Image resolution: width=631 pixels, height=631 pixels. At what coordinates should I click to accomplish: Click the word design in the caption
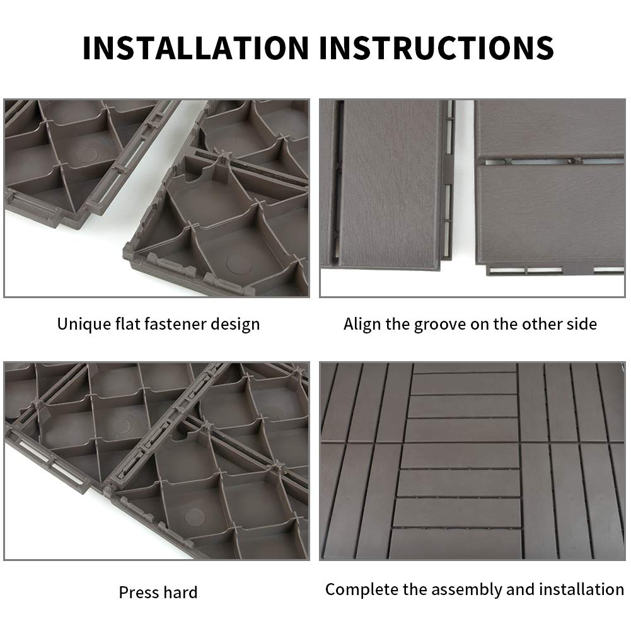[x=237, y=325]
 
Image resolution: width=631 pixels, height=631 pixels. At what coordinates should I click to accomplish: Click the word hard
[x=180, y=593]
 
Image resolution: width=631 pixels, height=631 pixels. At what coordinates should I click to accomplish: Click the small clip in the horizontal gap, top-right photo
[x=572, y=160]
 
